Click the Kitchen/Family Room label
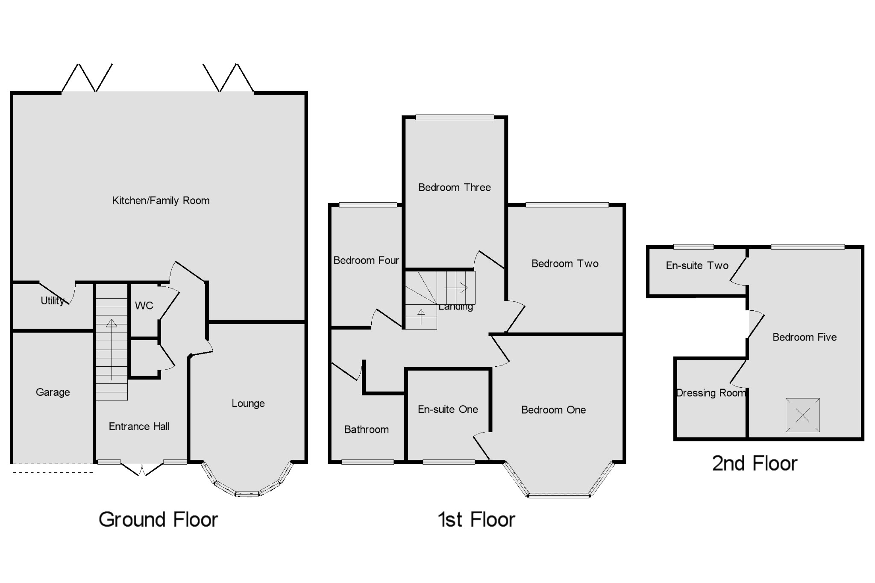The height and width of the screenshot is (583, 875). click(161, 200)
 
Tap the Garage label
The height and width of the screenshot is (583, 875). click(53, 392)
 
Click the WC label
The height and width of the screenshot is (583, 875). click(144, 306)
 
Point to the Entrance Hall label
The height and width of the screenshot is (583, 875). click(139, 426)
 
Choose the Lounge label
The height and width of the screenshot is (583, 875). click(248, 403)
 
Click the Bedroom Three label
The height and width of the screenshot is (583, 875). click(454, 187)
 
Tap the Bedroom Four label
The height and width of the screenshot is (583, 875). click(366, 260)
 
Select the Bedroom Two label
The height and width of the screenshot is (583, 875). click(564, 263)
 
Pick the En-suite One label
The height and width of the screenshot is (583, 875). click(447, 409)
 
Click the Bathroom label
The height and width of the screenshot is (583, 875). click(366, 430)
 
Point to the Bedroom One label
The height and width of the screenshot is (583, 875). click(553, 410)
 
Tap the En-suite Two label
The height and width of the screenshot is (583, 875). click(697, 265)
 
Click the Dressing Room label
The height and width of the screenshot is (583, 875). click(711, 393)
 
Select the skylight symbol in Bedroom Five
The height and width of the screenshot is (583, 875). click(802, 415)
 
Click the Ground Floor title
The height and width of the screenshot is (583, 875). click(158, 520)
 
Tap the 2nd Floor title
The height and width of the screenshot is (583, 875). click(755, 463)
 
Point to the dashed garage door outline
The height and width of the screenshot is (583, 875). click(53, 468)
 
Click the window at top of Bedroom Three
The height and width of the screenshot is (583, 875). click(455, 117)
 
